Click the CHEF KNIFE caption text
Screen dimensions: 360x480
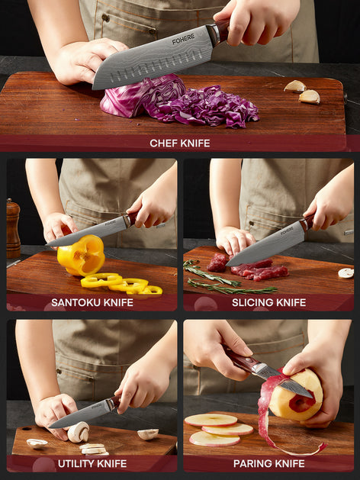coord(180,143)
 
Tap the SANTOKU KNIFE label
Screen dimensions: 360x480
coord(92,303)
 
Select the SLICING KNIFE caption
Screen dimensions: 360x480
coord(268,303)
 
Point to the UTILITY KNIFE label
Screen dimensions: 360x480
coord(92,464)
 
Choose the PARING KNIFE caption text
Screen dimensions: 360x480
coord(268,464)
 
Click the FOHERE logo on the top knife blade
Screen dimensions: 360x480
coord(183,39)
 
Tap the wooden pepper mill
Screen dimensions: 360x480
coord(13,228)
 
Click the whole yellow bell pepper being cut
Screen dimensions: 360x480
coord(81,256)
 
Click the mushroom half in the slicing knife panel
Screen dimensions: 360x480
coord(346,272)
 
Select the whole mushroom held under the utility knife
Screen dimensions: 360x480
coord(79,432)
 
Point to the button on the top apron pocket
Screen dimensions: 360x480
coord(105,18)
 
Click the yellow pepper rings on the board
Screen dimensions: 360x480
coord(122,284)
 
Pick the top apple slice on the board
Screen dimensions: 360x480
coord(211,420)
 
